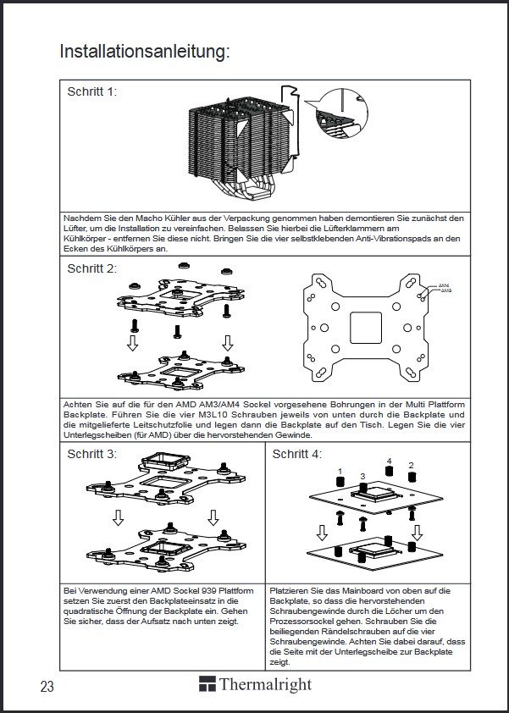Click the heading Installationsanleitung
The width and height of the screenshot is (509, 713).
(145, 52)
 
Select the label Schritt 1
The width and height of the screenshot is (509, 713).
(92, 91)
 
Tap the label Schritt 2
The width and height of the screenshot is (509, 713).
(92, 268)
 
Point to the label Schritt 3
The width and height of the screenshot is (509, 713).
(92, 454)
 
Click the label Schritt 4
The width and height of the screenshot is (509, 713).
(297, 455)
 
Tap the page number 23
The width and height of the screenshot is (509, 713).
(47, 686)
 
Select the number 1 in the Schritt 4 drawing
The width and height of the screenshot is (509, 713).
(340, 471)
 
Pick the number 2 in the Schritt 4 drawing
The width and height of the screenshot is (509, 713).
(411, 466)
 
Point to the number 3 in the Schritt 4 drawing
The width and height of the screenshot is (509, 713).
(362, 477)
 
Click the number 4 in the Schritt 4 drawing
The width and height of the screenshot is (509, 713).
(389, 462)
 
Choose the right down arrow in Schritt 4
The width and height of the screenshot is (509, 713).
(417, 533)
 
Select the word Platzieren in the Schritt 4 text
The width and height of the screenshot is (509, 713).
(292, 589)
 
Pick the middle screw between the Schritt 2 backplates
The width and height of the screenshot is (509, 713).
(178, 330)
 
